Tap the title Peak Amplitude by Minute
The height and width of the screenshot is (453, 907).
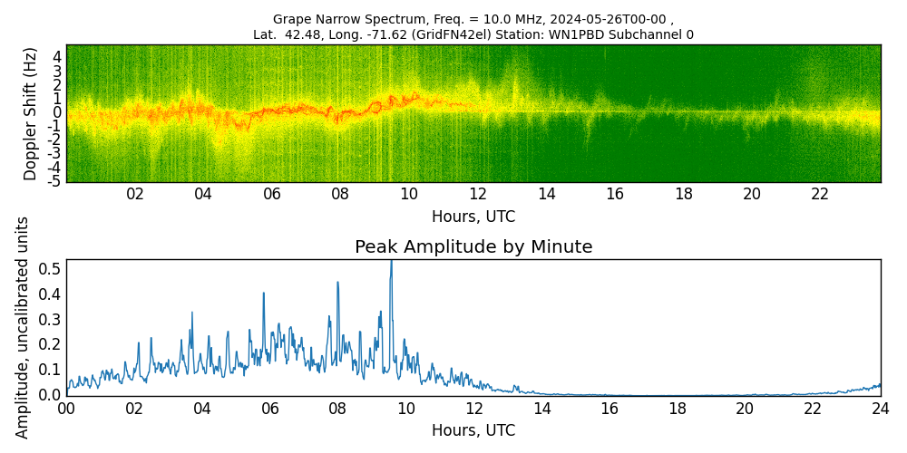click(x=473, y=247)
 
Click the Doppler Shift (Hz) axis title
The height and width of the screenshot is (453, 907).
click(x=31, y=114)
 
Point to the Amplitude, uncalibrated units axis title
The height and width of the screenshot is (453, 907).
click(x=23, y=327)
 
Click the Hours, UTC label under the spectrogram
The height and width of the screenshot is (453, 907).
click(x=473, y=217)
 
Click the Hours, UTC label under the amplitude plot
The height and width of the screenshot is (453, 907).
click(x=473, y=430)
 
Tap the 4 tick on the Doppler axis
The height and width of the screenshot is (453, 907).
click(x=56, y=57)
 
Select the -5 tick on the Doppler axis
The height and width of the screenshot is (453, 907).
click(x=54, y=181)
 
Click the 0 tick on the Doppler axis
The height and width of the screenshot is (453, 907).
click(x=56, y=112)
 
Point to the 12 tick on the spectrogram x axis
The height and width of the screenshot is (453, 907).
click(x=478, y=195)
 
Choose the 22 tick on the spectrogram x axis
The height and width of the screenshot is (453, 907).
click(x=820, y=195)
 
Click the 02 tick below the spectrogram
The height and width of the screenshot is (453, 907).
click(x=135, y=195)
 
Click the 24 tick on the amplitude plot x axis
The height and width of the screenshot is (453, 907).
click(x=880, y=409)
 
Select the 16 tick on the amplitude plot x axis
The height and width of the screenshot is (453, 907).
click(x=610, y=409)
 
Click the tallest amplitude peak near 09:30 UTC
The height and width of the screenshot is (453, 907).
click(x=391, y=263)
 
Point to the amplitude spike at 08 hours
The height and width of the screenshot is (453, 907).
click(x=337, y=283)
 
